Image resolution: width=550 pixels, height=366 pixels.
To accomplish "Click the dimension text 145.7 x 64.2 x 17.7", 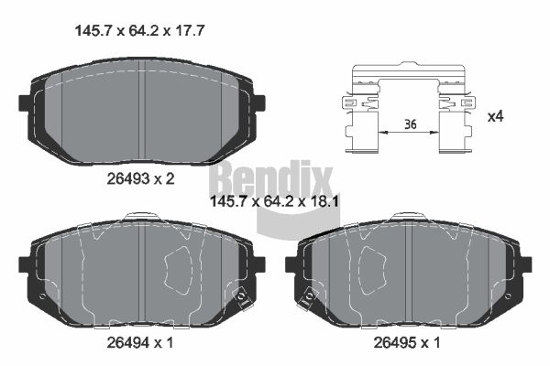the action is tap(139, 31).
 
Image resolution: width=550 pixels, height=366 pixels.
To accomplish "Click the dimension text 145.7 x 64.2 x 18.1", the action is tap(273, 201).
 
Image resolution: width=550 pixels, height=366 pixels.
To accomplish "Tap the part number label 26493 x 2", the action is tap(140, 179).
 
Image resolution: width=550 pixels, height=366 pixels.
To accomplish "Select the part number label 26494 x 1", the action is tap(140, 342).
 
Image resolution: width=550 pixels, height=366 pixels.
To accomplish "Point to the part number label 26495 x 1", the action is tap(406, 342).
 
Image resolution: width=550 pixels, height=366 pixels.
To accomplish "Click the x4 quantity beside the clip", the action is tap(496, 116).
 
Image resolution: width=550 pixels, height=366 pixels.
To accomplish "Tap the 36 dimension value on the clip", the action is tap(410, 124).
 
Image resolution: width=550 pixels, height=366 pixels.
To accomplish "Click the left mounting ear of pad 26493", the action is tap(25, 103).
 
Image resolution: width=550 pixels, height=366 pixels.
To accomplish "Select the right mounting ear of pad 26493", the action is tap(258, 103).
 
